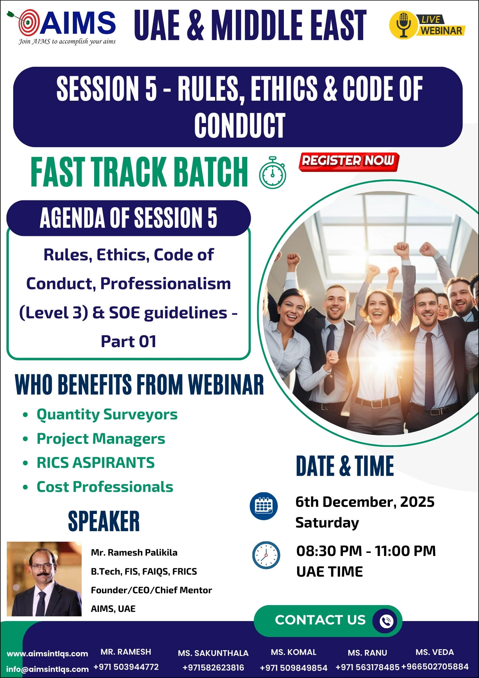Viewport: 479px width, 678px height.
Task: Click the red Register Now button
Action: (349, 161)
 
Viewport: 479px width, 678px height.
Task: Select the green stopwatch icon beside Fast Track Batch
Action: (272, 173)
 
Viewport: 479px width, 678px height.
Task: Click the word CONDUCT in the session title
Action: (240, 125)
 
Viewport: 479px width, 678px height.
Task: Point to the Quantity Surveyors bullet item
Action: (107, 414)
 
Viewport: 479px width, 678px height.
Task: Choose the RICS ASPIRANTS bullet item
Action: (96, 462)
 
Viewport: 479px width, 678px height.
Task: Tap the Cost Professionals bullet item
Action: (105, 487)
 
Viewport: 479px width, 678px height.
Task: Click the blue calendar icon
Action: (264, 506)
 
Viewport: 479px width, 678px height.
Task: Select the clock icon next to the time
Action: (266, 555)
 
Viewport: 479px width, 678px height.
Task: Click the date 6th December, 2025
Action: (365, 502)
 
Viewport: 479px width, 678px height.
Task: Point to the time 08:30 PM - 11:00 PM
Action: (366, 551)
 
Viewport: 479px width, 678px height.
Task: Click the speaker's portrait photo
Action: (44, 579)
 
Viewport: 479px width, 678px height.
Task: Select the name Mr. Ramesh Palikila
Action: (134, 553)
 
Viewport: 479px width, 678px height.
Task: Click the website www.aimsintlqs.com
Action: (47, 654)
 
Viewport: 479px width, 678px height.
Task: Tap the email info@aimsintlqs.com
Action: (47, 669)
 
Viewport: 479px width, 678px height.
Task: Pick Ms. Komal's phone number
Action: (294, 668)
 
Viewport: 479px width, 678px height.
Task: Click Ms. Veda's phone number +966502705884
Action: (435, 666)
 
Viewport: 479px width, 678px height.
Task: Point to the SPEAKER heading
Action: (104, 521)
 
